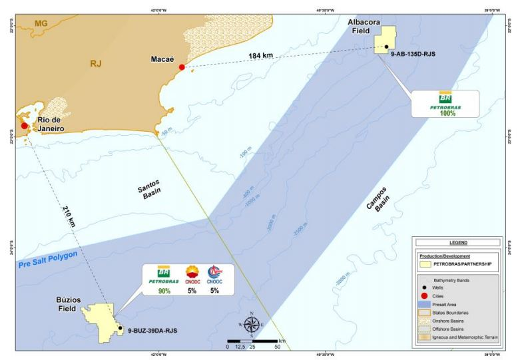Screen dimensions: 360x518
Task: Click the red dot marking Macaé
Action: [x=182, y=67]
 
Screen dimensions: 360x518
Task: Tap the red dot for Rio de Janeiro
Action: [x=25, y=125]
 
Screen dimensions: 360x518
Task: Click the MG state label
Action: [x=41, y=23]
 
